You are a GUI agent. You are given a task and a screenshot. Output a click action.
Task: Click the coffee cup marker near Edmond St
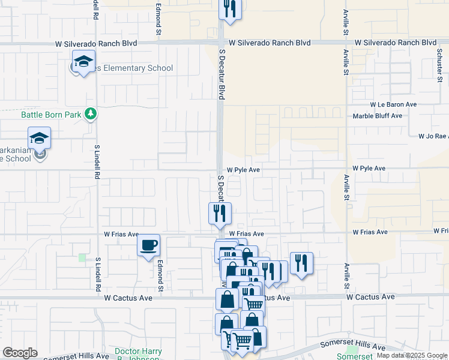148,245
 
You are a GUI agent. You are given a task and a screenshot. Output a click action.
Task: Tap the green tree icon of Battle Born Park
90,113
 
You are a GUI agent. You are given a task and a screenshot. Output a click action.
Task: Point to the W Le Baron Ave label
393,104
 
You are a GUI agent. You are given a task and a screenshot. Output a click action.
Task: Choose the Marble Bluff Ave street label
377,116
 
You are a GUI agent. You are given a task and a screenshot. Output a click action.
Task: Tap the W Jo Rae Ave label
433,136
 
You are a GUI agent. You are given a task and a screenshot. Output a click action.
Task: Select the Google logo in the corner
20,353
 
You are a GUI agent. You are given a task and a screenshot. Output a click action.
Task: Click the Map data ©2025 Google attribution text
411,355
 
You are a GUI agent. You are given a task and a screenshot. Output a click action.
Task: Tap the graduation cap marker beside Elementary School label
84,61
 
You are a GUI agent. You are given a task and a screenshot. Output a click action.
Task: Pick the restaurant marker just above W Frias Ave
220,214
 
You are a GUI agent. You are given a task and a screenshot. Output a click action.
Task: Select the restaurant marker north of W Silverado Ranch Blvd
230,8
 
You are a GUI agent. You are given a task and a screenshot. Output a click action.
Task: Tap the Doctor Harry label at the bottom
139,352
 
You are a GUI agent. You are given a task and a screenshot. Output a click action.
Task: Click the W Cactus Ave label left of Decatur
128,297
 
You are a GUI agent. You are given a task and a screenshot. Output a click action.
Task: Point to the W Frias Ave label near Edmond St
121,234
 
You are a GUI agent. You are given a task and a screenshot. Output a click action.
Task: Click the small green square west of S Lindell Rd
82,257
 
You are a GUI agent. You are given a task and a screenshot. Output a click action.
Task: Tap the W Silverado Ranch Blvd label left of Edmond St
96,43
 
